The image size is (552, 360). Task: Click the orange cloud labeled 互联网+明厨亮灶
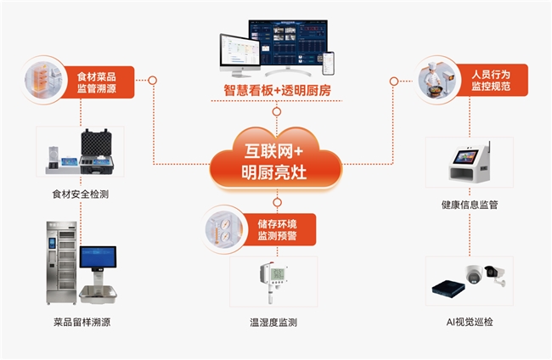point(276,160)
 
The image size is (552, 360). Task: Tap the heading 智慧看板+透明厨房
point(277,91)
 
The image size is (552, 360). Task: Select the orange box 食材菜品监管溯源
point(98,82)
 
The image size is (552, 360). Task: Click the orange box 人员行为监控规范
point(492,80)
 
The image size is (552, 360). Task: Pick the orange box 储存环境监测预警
point(278,230)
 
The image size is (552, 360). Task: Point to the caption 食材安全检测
point(81,194)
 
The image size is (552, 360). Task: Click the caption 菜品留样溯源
point(82,322)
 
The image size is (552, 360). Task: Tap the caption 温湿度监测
point(273,323)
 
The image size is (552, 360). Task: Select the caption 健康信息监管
point(470,205)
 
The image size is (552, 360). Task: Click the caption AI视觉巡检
point(470,322)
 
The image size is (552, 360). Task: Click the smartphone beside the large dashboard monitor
point(328,64)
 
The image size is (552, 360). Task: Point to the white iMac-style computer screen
point(239,51)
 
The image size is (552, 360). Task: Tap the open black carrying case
point(97,151)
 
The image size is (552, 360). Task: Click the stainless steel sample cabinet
point(62,262)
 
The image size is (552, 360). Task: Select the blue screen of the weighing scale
point(98,257)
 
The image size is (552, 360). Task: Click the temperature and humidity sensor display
point(279,273)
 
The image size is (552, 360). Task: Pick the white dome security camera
point(474,273)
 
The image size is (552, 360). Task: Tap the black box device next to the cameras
point(448,289)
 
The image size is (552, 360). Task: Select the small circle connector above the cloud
point(277,111)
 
